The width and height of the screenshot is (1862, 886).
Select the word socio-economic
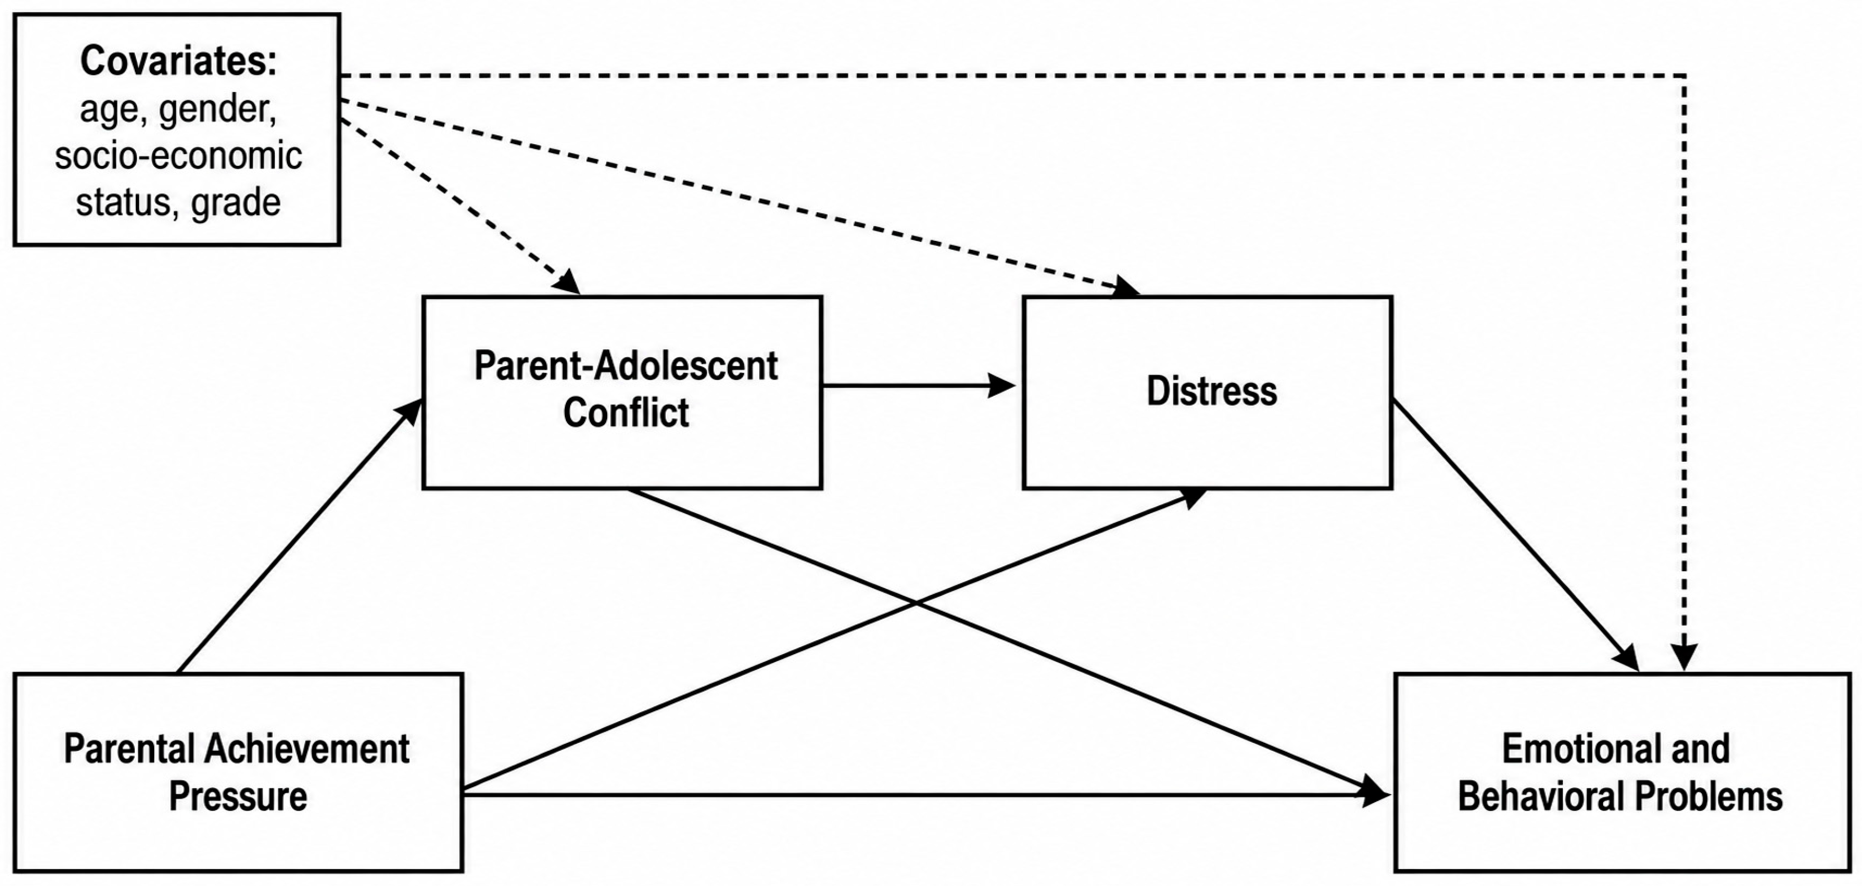[x=179, y=156]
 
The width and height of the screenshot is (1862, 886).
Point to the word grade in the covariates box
[x=236, y=203]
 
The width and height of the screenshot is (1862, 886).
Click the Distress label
[x=1212, y=391]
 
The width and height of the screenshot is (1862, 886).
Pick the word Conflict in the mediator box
[x=626, y=413]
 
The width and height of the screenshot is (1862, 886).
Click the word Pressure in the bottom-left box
[x=238, y=796]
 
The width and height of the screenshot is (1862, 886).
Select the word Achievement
[x=307, y=749]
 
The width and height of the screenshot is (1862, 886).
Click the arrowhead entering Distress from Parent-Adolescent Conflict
[x=1002, y=385]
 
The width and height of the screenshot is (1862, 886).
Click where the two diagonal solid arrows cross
[x=917, y=603]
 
